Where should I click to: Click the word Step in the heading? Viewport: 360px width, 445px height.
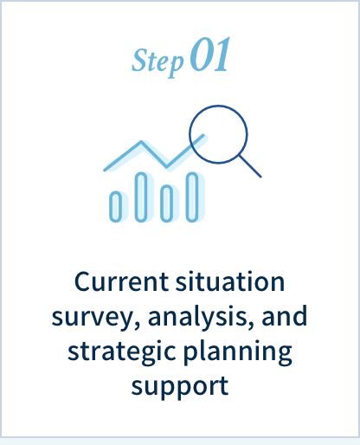157,61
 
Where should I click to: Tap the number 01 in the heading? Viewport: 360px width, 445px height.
209,55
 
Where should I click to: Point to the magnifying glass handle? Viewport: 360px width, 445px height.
250,166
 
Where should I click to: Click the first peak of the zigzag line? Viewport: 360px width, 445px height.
141,142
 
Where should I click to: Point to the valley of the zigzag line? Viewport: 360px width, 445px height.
166,166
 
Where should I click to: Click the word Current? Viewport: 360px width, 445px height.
121,281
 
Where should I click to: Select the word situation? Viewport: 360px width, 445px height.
230,281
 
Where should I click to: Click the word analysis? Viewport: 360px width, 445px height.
201,317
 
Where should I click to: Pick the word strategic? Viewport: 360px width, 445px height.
122,351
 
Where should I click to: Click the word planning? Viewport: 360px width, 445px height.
238,352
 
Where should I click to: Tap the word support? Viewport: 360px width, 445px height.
180,387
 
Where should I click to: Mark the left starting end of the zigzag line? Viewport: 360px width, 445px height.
105,170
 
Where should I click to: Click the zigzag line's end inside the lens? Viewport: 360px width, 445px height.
203,135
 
